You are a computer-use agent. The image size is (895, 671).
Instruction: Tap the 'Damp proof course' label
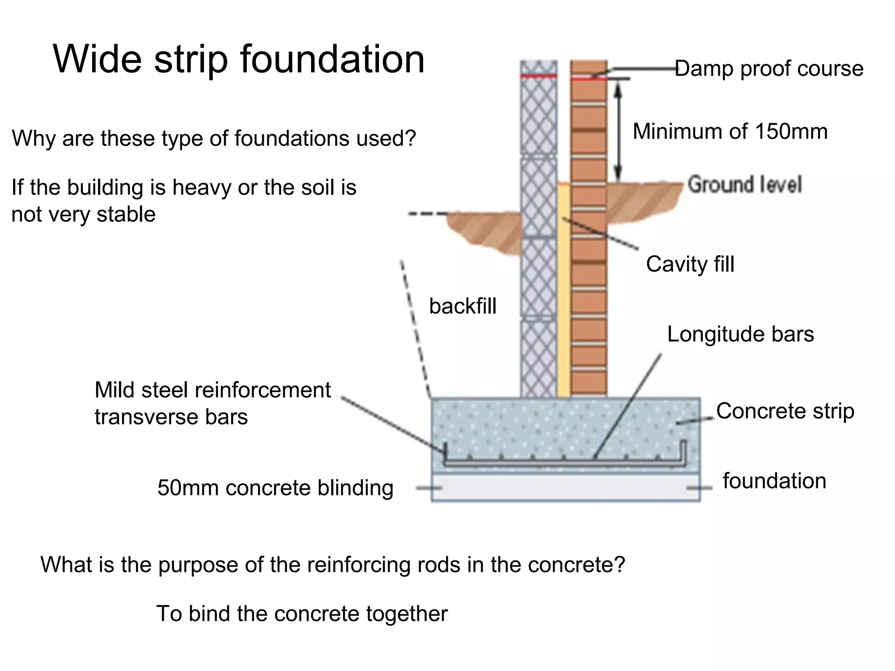pos(769,69)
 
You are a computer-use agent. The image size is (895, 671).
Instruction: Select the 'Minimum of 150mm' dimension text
pos(730,131)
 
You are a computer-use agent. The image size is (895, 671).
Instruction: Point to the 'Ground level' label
pos(745,184)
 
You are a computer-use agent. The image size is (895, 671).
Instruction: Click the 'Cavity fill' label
pos(690,264)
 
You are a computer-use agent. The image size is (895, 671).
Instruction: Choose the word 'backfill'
pos(462,306)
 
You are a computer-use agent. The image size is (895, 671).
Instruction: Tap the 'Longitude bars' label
pos(740,334)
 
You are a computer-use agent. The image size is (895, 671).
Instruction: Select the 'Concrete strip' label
pos(785,411)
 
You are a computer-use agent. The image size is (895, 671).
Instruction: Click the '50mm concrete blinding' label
pos(275,488)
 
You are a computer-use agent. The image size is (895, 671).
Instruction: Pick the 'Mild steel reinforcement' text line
pos(212,390)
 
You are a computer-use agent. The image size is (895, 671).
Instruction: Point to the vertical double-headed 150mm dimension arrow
pos(618,131)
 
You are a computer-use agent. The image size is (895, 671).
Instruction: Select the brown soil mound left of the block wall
pos(485,229)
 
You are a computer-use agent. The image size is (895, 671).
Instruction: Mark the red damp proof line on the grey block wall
pos(538,76)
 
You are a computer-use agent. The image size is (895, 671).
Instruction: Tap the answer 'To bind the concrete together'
pos(302,613)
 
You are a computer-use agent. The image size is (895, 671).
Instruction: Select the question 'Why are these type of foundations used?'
pos(213,138)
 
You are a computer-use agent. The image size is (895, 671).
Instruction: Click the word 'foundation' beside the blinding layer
pos(774,481)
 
